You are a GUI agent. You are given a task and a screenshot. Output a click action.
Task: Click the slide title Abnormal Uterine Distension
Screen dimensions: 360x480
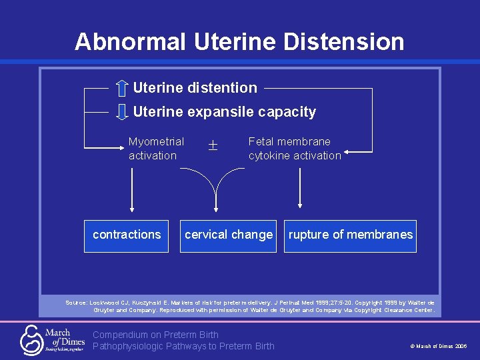pyautogui.click(x=239, y=41)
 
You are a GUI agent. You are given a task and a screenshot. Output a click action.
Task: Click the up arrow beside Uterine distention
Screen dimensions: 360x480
pyautogui.click(x=121, y=88)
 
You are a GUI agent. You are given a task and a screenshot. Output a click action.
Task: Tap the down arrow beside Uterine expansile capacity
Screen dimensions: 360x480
pyautogui.click(x=121, y=111)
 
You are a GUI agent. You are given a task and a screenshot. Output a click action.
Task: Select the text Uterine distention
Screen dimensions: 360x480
pyautogui.click(x=195, y=88)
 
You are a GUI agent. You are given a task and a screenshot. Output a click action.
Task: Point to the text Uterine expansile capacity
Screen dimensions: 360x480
pyautogui.click(x=224, y=112)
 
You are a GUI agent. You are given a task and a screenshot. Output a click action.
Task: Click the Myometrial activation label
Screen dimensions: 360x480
pyautogui.click(x=156, y=149)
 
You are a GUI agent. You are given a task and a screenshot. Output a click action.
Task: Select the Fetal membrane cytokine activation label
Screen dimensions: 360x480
pyautogui.click(x=294, y=149)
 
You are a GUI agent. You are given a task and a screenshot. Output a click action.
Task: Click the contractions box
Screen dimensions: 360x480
pyautogui.click(x=127, y=235)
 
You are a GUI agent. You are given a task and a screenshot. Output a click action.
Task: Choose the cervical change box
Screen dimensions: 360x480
pyautogui.click(x=229, y=235)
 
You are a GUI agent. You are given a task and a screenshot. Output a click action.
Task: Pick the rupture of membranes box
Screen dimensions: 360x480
pyautogui.click(x=350, y=235)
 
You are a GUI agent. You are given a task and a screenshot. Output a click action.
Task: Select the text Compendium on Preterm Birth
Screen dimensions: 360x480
pyautogui.click(x=155, y=335)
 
